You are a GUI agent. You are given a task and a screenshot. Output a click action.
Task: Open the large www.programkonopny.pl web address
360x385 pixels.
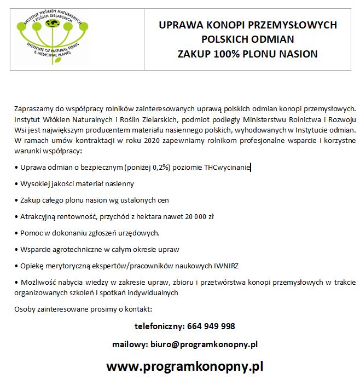click(x=185, y=366)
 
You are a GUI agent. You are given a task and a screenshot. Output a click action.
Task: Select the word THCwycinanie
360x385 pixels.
click(x=227, y=168)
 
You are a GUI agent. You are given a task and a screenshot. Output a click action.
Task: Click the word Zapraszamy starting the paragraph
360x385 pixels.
click(x=33, y=109)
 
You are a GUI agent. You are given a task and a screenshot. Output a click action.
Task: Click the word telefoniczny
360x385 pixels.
click(x=158, y=326)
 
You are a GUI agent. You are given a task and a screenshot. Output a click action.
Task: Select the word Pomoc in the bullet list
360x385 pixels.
click(x=31, y=233)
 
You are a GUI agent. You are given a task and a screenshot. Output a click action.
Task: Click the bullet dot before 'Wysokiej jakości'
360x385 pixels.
click(x=16, y=184)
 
